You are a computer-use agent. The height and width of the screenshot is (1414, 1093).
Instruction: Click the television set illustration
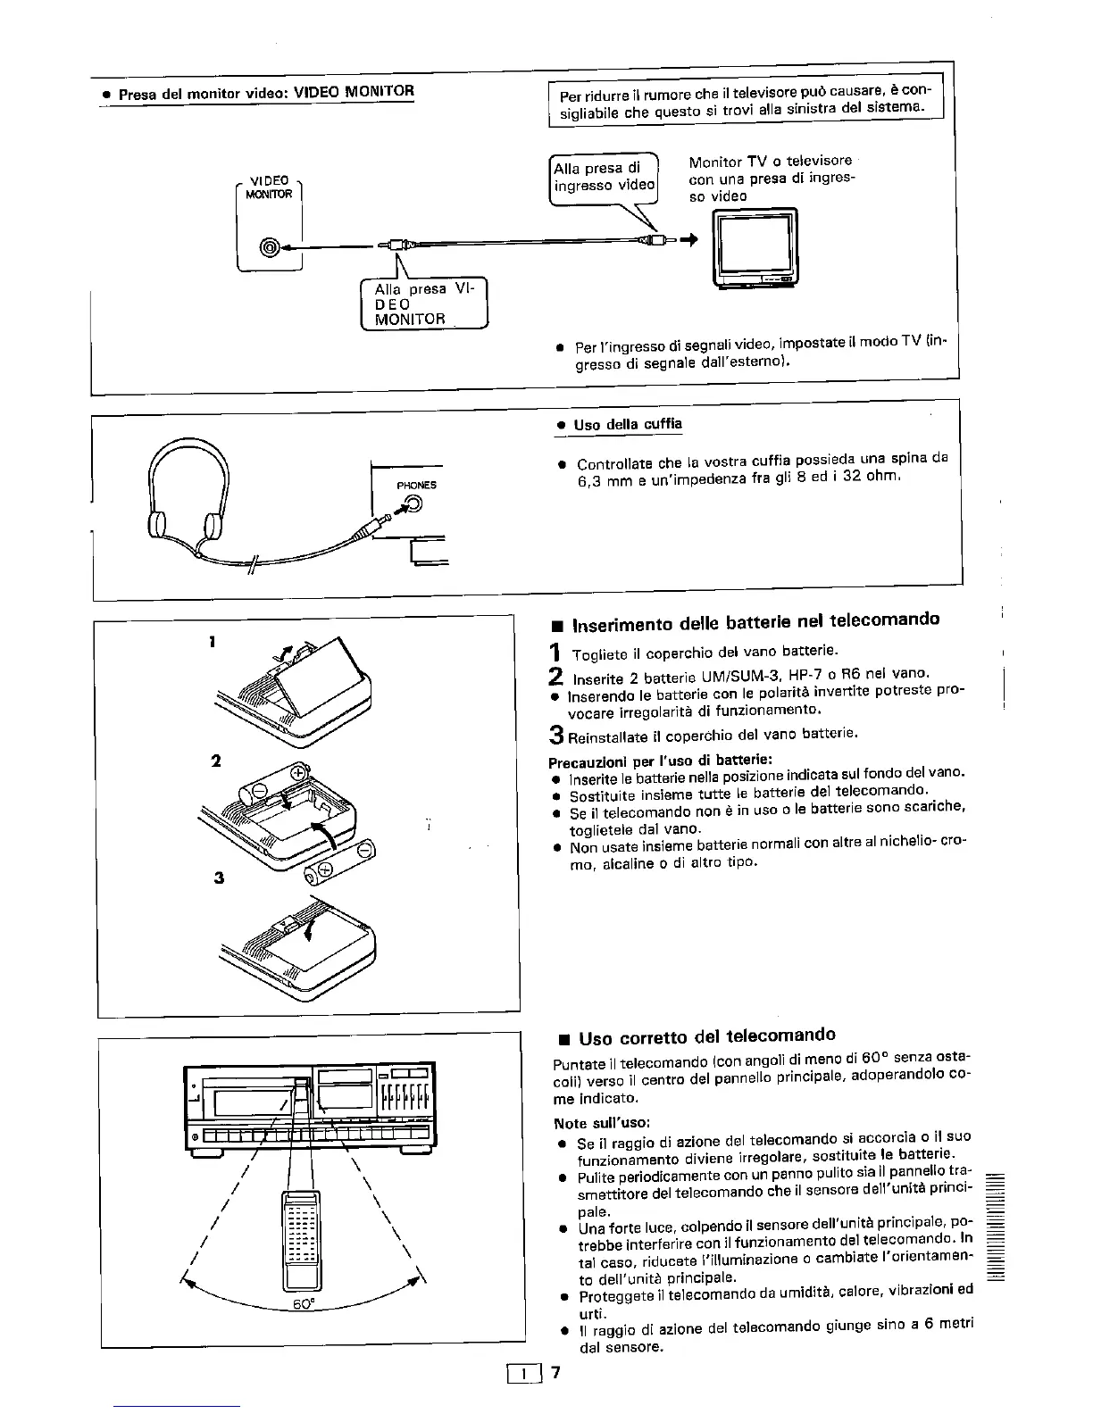[x=755, y=248]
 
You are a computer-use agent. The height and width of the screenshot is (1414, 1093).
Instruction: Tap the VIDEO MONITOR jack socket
[x=269, y=247]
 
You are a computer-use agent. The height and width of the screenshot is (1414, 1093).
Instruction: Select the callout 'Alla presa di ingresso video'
[x=604, y=177]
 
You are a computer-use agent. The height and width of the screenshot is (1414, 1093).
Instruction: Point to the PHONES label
[x=417, y=485]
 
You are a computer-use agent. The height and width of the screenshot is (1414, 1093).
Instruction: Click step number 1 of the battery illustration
[x=213, y=641]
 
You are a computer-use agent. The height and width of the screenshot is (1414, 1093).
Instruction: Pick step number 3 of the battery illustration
[x=218, y=877]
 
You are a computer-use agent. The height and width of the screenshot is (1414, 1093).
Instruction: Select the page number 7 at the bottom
[x=555, y=1373]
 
